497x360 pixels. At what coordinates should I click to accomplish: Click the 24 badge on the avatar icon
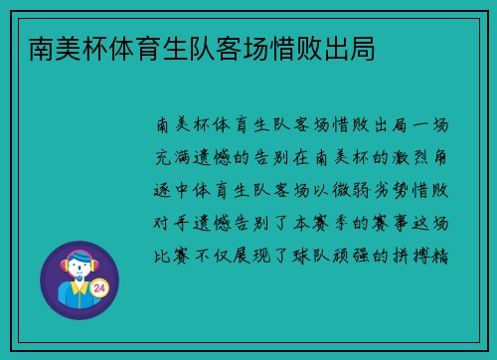point(98,287)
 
